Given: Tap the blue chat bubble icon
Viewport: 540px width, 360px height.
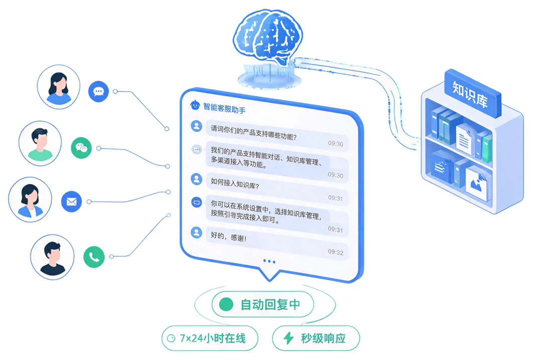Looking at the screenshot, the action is [x=98, y=92].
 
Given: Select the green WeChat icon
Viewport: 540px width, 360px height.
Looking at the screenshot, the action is [x=81, y=148].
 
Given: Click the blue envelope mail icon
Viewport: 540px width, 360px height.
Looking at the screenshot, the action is [x=72, y=202].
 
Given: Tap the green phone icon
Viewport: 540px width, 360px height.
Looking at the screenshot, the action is [x=94, y=257].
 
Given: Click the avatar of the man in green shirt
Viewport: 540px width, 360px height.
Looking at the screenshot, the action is [x=40, y=143].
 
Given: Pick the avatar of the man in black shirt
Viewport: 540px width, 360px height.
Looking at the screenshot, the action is [x=52, y=257].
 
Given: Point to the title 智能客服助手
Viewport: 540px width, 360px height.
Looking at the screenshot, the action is [x=224, y=108].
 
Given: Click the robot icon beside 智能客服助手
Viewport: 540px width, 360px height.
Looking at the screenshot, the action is [x=195, y=105].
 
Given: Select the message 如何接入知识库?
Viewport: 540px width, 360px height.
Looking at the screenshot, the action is [x=235, y=184].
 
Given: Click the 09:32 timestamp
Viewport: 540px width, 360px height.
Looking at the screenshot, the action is [x=335, y=252].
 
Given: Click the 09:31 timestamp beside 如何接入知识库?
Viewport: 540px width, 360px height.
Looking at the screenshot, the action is [x=335, y=198].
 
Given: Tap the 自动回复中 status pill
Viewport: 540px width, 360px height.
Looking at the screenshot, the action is [x=263, y=304].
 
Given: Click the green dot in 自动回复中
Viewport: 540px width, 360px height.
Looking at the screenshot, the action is [x=226, y=304].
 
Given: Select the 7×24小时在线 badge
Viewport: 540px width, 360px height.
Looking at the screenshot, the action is [x=210, y=338].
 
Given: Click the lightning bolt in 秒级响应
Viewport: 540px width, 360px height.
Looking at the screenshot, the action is [x=289, y=338].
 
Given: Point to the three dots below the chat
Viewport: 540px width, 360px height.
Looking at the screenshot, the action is [x=269, y=261].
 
